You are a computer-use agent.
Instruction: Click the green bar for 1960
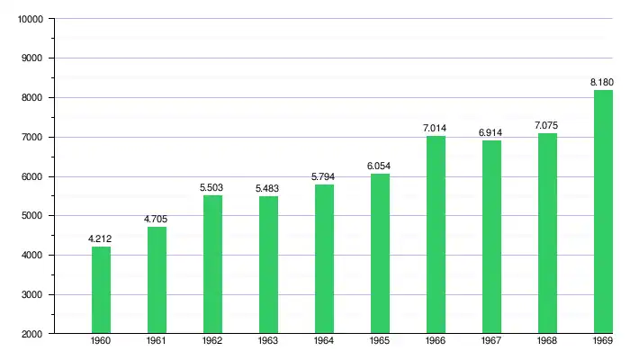coord(101,290)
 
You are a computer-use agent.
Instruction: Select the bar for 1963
coord(268,265)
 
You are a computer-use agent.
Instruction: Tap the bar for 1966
coord(436,234)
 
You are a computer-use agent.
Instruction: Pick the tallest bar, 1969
coord(603,211)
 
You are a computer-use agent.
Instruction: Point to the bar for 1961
coord(157,280)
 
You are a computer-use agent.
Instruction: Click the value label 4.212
coord(101,238)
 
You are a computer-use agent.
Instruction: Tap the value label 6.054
coord(380,166)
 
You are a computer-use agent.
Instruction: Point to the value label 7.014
coord(436,128)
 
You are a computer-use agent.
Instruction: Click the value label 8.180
coord(602,82)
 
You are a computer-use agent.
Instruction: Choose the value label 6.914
coord(491,132)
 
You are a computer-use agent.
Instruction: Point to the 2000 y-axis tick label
coord(33,334)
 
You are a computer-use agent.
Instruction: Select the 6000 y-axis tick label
coord(33,176)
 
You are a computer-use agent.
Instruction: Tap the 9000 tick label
coord(33,58)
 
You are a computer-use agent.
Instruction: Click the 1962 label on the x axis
coord(212,342)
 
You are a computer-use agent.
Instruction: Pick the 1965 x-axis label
coord(380,342)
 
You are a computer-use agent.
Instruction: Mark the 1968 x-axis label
coord(547,342)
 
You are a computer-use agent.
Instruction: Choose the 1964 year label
coord(324,342)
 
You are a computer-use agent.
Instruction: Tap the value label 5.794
coord(324,176)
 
